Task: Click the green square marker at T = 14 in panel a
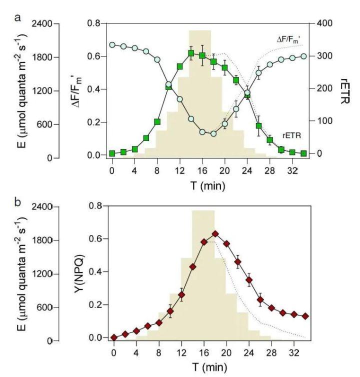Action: click(191, 53)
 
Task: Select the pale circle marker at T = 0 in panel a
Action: click(112, 44)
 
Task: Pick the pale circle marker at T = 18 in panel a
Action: click(213, 133)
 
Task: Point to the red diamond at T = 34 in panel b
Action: click(305, 316)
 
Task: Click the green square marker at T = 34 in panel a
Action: click(303, 153)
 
